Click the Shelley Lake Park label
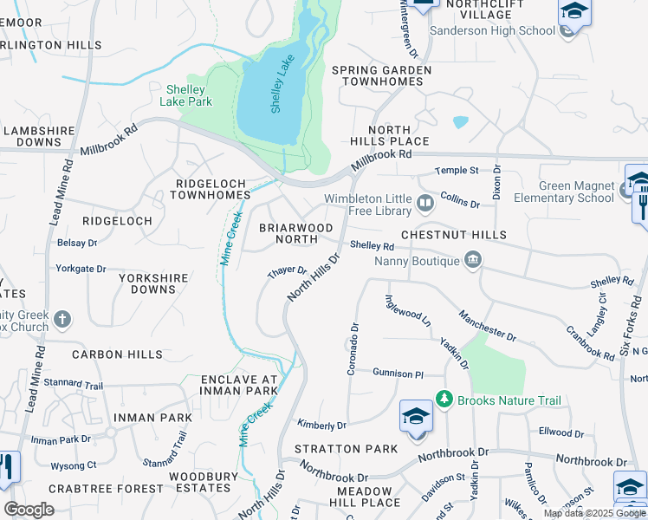click(x=185, y=95)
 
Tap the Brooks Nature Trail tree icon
click(x=444, y=400)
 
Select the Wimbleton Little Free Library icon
click(x=425, y=204)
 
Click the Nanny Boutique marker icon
click(x=472, y=259)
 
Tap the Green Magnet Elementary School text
click(x=563, y=192)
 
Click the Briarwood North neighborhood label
click(x=296, y=233)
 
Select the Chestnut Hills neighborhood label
click(x=453, y=236)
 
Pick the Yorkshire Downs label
click(x=141, y=283)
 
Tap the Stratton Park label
click(x=346, y=449)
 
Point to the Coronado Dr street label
click(x=353, y=349)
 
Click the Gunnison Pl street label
click(x=398, y=374)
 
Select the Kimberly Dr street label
click(x=321, y=425)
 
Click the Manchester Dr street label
click(x=487, y=326)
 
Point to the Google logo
click(x=29, y=510)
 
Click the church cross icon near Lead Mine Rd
click(x=62, y=320)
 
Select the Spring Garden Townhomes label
click(x=382, y=75)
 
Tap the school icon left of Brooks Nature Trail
click(x=416, y=416)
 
